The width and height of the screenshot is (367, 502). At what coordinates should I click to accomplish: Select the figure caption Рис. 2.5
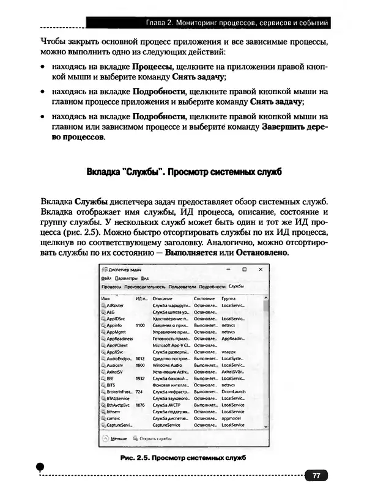tap(183, 457)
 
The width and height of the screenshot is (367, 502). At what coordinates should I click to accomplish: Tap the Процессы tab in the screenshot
tap(111, 286)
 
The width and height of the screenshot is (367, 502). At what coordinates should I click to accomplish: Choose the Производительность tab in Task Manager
tap(144, 286)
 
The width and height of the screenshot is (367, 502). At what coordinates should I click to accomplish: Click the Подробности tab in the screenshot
tap(212, 286)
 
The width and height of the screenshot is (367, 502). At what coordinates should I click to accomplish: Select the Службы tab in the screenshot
tap(237, 286)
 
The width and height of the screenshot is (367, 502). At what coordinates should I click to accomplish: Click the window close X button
tap(260, 269)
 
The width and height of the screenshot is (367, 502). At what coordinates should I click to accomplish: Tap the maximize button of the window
tap(244, 269)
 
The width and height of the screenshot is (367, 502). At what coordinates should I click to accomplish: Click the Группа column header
tap(229, 298)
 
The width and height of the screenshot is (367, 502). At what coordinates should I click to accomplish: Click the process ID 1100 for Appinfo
tap(140, 325)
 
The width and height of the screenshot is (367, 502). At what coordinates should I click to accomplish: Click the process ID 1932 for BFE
tap(140, 378)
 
